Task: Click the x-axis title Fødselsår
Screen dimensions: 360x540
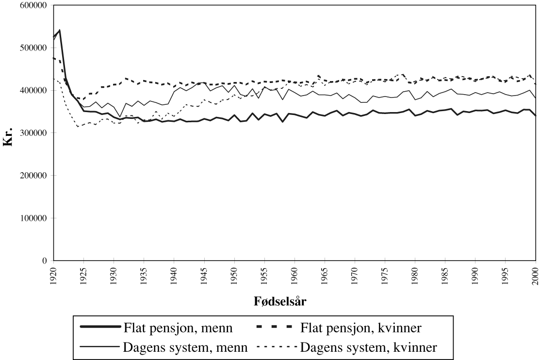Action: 280,301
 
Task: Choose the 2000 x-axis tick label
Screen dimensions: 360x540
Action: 536,275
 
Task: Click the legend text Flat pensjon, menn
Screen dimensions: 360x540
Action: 178,328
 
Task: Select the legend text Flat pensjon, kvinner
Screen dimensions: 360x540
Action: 361,328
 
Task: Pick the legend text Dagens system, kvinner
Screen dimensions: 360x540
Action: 369,347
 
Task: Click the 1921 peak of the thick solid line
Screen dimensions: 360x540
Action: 59,30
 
